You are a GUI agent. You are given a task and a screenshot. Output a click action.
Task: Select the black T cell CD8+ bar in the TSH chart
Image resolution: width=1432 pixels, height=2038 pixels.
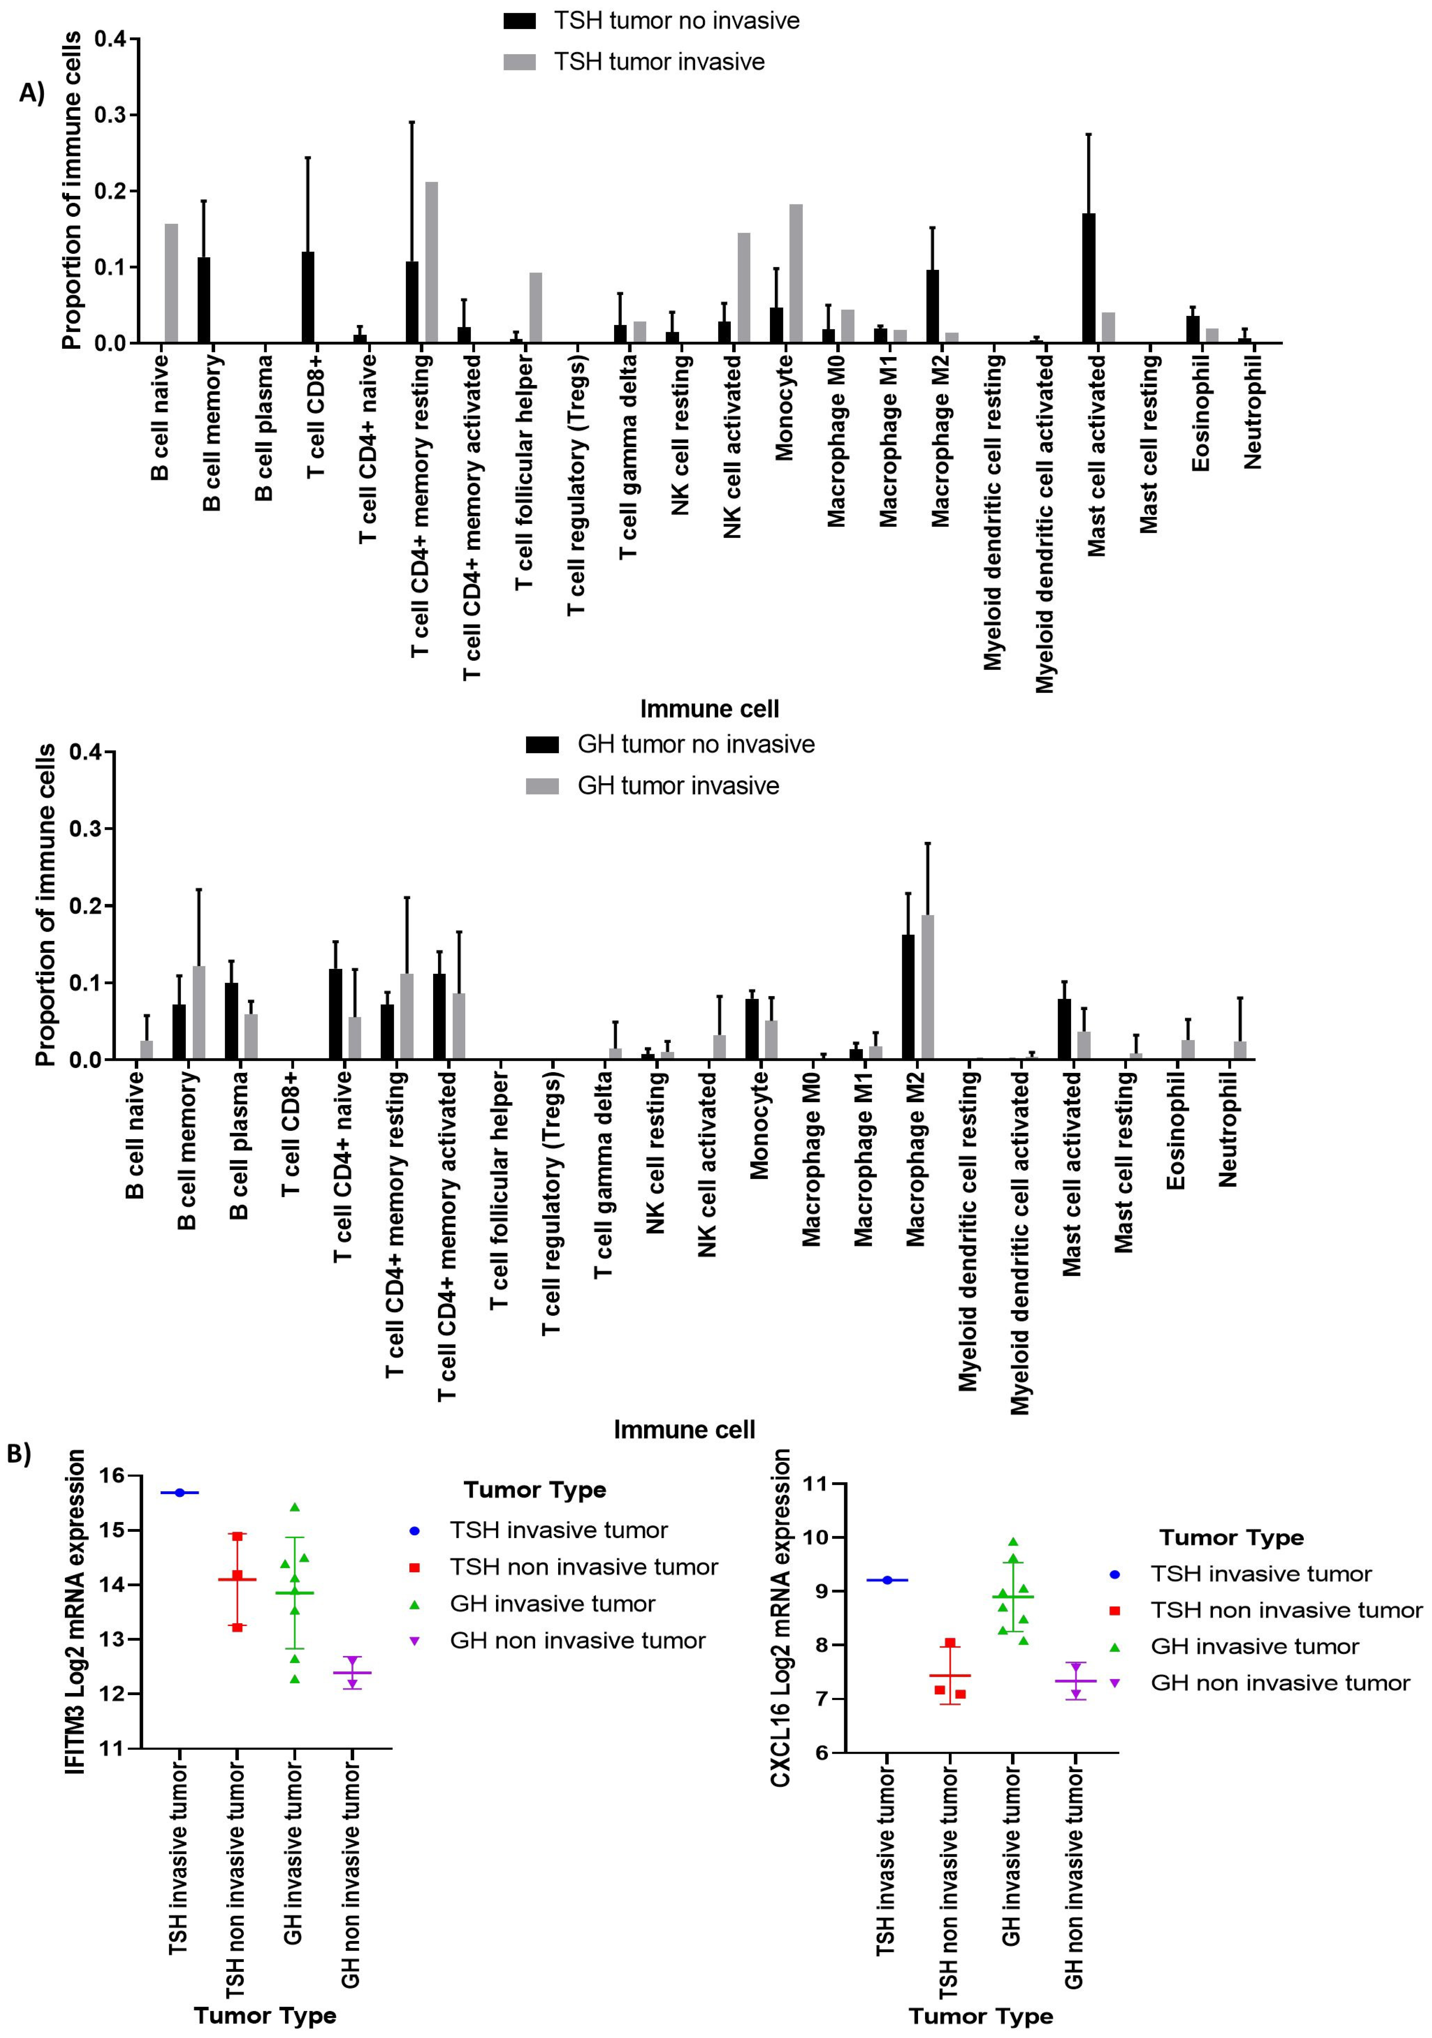coord(308,297)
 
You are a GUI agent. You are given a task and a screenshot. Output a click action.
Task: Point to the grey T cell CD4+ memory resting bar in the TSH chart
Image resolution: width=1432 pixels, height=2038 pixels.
coord(431,263)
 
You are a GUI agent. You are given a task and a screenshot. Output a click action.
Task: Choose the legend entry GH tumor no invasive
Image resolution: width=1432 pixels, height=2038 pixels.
coord(695,744)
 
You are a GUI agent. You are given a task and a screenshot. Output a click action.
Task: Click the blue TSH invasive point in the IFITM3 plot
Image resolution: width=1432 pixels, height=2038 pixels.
coord(179,1493)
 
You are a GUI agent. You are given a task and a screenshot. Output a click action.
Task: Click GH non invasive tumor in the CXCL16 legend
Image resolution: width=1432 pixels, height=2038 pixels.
coord(1279,1683)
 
